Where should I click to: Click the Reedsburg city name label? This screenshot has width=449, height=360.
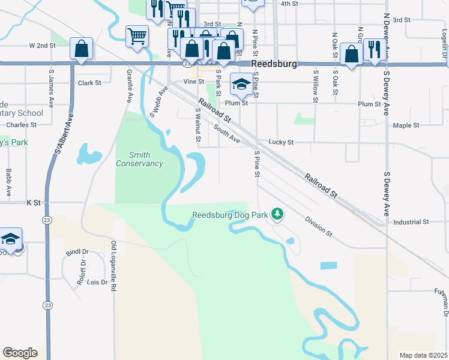click(274, 64)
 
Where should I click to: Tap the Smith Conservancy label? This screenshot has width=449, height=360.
click(139, 159)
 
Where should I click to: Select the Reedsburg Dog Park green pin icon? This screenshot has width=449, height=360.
click(277, 214)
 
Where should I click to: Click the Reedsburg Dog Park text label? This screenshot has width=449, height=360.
click(229, 215)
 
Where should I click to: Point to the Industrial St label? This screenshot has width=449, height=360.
click(411, 222)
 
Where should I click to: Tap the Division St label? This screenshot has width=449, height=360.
click(318, 227)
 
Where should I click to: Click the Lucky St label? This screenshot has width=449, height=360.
click(281, 142)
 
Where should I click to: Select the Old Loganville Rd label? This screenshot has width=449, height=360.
click(113, 266)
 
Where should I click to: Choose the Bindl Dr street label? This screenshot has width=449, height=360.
click(77, 252)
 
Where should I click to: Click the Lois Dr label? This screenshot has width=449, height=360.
click(97, 282)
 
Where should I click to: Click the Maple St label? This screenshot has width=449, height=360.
click(406, 125)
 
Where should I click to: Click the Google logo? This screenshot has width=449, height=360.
click(20, 353)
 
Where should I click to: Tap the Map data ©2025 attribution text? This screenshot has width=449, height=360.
click(423, 355)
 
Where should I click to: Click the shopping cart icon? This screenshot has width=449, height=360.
click(137, 36)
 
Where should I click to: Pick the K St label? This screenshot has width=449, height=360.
click(32, 203)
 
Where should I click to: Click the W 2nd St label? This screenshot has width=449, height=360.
click(46, 46)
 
